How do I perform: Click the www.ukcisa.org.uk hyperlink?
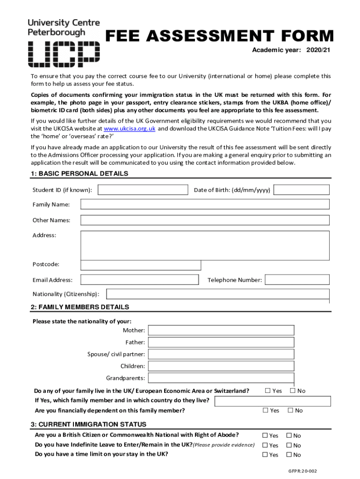click(129, 128)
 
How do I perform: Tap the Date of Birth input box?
click(302, 190)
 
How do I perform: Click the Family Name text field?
click(205, 204)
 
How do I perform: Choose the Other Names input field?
click(205, 220)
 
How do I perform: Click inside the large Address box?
click(205, 245)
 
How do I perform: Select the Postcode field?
click(141, 265)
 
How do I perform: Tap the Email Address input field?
click(139, 280)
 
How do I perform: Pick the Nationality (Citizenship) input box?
click(218, 294)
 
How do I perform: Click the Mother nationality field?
click(221, 330)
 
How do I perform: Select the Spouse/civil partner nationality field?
click(221, 354)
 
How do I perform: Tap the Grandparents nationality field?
click(221, 378)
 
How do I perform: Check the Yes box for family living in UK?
click(268, 391)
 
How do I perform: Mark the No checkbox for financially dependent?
click(290, 410)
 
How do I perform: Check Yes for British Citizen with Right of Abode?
click(265, 435)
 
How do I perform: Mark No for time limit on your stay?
click(289, 455)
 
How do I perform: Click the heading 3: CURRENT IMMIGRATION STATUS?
click(88, 424)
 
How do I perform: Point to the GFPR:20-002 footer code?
click(302, 471)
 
